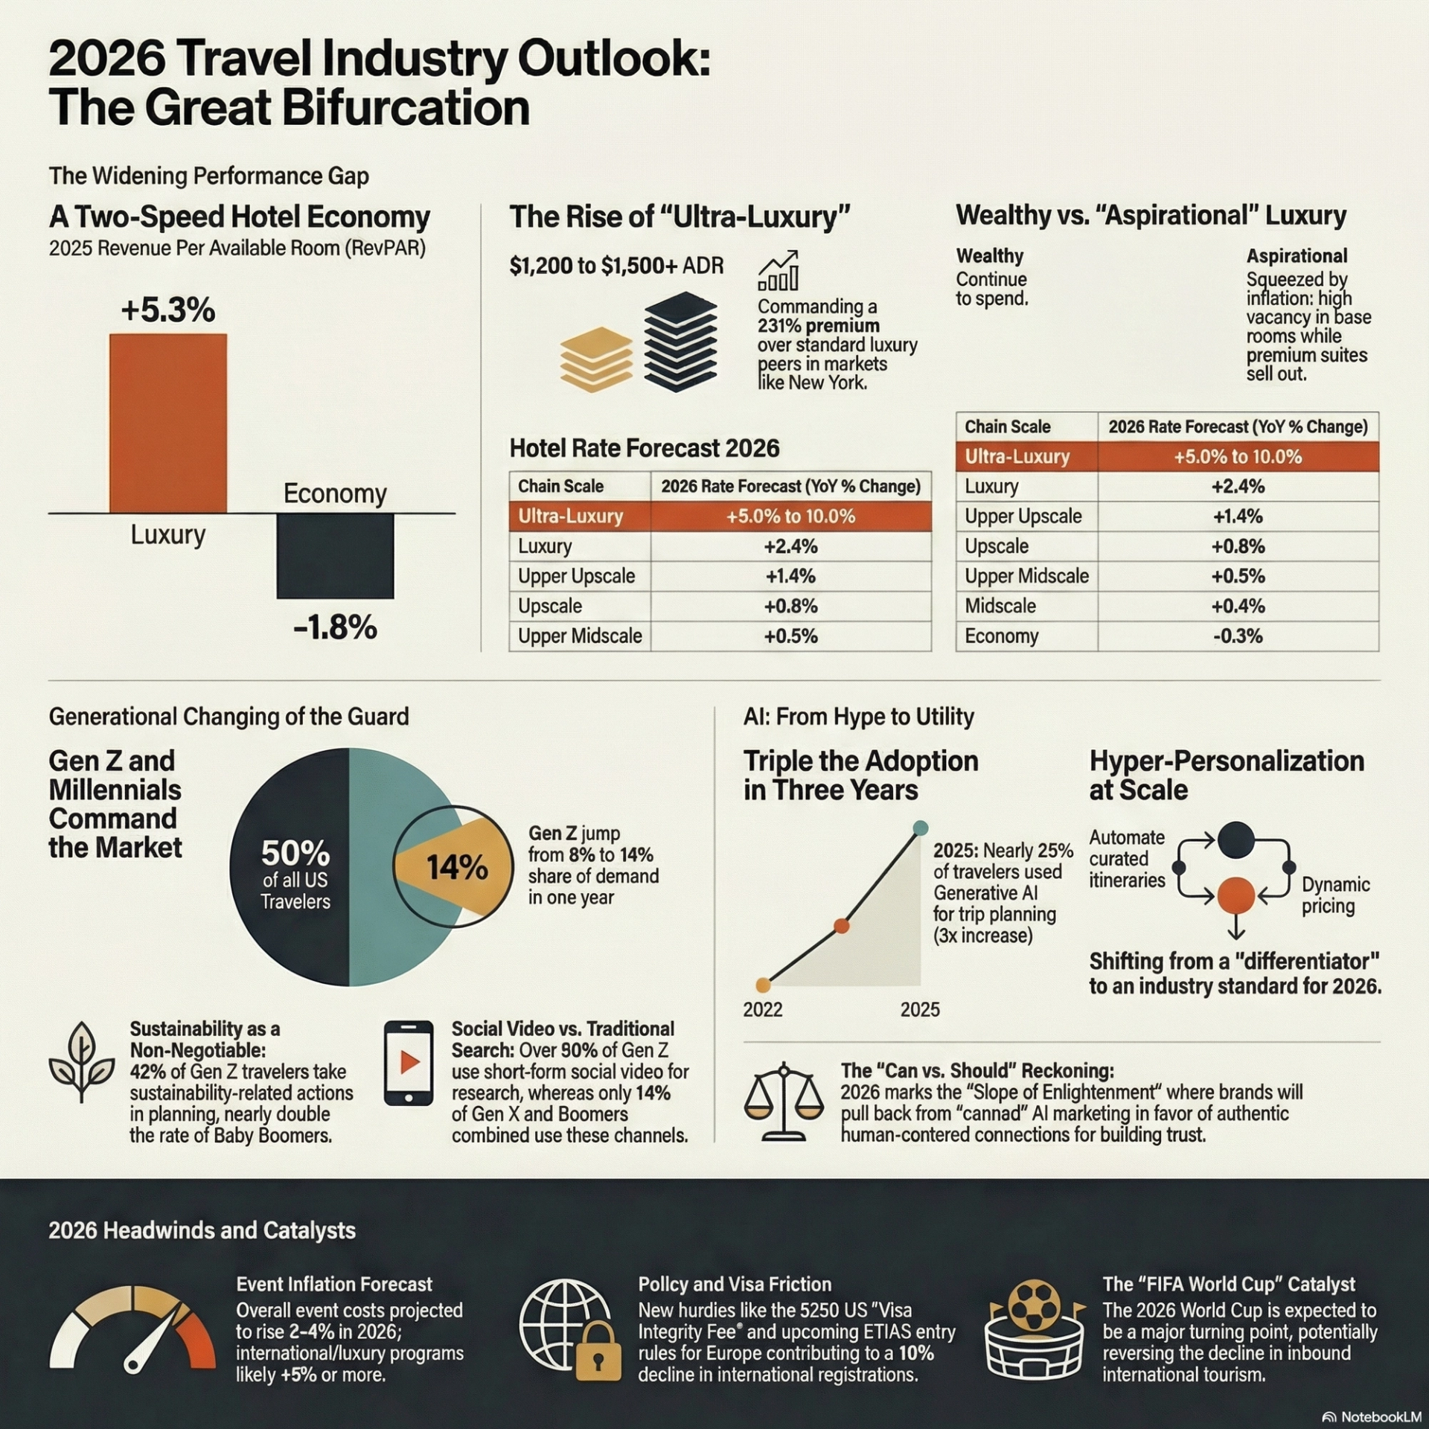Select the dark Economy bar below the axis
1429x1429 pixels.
point(335,556)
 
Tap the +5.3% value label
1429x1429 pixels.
point(168,310)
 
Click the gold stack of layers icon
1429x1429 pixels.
point(596,359)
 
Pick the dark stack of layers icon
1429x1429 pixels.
point(680,342)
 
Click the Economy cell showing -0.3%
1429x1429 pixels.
point(1237,636)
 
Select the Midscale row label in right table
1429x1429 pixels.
point(1000,606)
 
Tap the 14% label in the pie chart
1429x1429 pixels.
point(457,868)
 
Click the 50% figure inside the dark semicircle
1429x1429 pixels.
point(295,853)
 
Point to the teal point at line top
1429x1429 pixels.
point(920,828)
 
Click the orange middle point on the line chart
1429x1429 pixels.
point(841,926)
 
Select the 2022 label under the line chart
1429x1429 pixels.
point(763,1009)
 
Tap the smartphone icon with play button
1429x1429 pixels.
point(409,1062)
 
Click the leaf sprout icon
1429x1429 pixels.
point(82,1062)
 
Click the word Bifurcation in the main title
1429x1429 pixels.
point(405,108)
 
